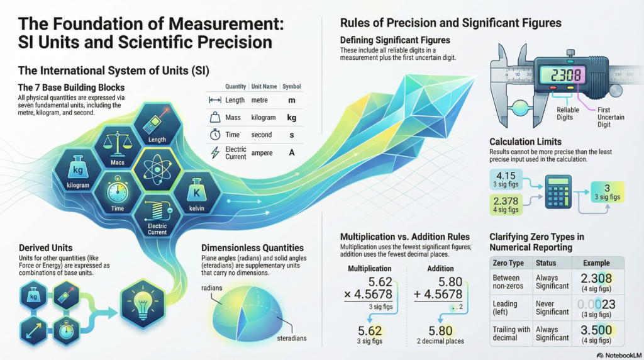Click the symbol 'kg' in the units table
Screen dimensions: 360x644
tap(291, 117)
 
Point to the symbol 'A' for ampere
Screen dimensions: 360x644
tap(291, 152)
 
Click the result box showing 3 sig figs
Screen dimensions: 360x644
tap(607, 191)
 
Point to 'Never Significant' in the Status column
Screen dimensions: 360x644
tap(552, 307)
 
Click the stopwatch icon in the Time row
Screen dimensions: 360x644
tap(214, 135)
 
